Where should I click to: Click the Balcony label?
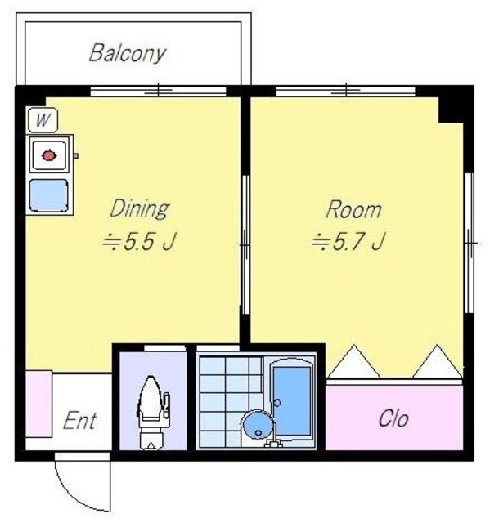(128, 54)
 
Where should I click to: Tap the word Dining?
(140, 209)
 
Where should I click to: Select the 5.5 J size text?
(139, 242)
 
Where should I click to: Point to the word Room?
(353, 210)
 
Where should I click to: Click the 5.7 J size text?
(348, 242)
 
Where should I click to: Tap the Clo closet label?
(393, 418)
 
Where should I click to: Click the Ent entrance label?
(80, 420)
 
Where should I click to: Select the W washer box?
(43, 120)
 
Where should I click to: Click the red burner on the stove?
(49, 155)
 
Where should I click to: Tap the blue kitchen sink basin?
(49, 195)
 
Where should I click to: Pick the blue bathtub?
(292, 399)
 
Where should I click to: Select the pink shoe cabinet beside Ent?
(38, 404)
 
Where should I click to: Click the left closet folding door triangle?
(354, 361)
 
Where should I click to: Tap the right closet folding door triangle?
(438, 361)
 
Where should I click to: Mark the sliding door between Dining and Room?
(245, 244)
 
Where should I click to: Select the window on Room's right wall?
(470, 243)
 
